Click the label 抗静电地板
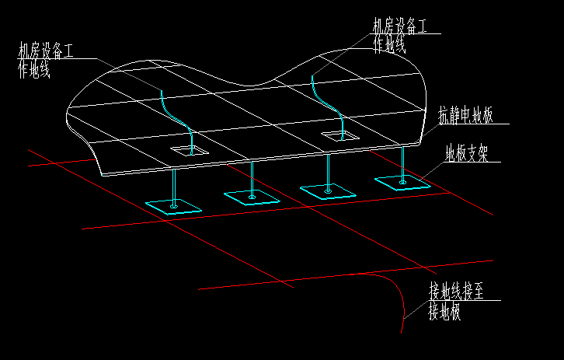tap(465, 117)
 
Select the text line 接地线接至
tap(456, 293)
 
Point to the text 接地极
tap(444, 313)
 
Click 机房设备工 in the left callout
tap(46, 52)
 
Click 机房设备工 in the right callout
tap(400, 26)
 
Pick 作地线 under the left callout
tap(34, 71)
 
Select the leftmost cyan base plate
tap(173, 206)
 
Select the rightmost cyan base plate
tap(402, 183)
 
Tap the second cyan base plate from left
tap(252, 197)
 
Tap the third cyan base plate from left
tap(328, 190)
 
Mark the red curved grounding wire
tap(397, 292)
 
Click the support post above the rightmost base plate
tap(402, 165)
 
